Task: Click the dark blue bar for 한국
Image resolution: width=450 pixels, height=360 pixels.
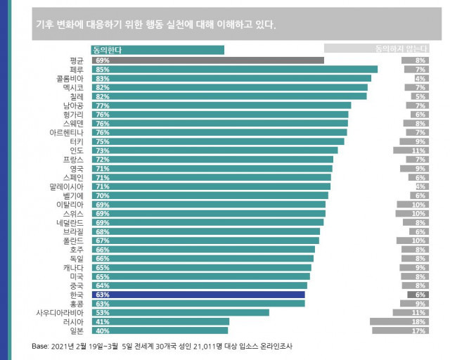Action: pos(197,295)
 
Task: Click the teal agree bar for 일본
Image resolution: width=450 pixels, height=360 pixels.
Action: pos(159,330)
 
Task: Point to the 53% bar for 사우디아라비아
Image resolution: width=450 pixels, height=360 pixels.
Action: pos(179,312)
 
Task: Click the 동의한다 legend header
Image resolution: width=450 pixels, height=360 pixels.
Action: pos(157,50)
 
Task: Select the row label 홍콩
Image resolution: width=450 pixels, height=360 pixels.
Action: pos(77,304)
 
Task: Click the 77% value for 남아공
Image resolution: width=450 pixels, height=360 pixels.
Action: pos(103,105)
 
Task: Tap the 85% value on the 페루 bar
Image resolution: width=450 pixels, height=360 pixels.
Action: pos(103,70)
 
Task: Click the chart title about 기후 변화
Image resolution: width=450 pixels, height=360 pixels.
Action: pos(155,23)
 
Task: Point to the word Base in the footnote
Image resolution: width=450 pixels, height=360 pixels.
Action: pos(41,346)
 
